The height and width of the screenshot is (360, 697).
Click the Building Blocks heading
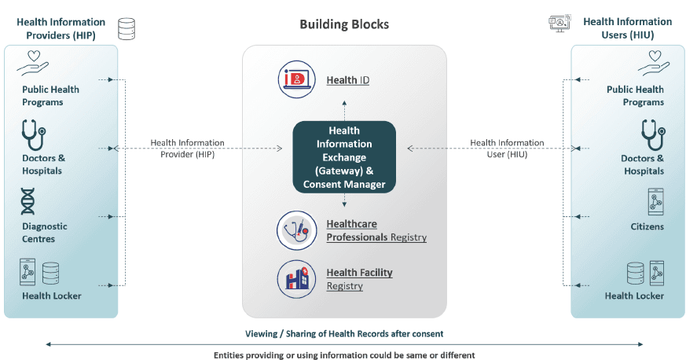coord(344,24)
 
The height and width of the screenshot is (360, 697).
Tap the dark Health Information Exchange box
coord(344,156)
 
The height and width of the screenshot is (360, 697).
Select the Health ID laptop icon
coord(296,79)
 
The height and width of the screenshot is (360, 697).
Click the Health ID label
coord(348,80)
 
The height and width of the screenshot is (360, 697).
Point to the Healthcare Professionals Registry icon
coord(296,230)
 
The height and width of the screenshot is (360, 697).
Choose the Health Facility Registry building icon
coord(296,279)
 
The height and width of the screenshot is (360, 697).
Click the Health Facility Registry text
coord(359,279)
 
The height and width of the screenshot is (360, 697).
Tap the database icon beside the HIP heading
coord(126,30)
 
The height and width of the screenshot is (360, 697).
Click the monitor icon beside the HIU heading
coord(559,24)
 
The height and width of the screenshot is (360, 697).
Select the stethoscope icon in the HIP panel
coord(33,134)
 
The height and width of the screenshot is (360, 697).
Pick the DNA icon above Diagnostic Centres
coord(28,202)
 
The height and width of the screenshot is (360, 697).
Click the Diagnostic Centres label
coord(45,232)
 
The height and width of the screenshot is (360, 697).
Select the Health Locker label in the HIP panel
coord(51,296)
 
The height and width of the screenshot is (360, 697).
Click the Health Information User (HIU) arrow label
coord(507,149)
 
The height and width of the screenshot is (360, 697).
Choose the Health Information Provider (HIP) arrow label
coord(187,149)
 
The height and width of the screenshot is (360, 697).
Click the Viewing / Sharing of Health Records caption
coord(344,334)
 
